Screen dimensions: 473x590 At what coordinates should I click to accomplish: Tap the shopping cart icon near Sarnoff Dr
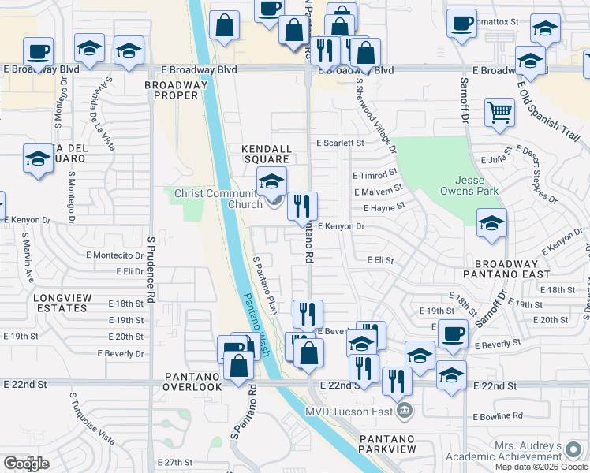499,113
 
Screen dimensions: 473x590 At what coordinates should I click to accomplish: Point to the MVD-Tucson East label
353,410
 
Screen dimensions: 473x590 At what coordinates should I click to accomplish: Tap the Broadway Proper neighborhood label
176,90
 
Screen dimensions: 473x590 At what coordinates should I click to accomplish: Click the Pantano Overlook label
192,382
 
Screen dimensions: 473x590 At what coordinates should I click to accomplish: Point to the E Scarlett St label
340,143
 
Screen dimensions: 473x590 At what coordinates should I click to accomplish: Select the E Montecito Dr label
115,255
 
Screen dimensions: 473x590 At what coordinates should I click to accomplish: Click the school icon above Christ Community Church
271,183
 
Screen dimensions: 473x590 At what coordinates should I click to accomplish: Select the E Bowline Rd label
498,415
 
